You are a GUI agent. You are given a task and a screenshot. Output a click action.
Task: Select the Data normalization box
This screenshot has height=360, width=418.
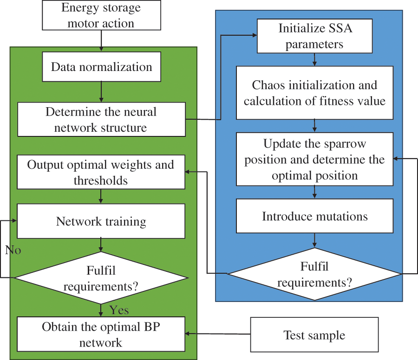click(x=101, y=67)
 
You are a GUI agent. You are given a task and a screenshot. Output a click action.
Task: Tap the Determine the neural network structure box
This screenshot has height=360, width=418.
click(x=101, y=119)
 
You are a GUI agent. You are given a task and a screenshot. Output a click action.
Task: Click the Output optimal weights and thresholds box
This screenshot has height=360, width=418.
click(x=101, y=172)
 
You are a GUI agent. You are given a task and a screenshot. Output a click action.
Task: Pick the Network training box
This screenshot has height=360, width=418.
click(x=101, y=221)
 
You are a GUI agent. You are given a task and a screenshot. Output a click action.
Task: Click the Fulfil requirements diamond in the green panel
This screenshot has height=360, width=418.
click(x=101, y=278)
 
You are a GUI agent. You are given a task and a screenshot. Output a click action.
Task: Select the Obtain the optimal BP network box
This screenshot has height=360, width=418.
click(x=101, y=334)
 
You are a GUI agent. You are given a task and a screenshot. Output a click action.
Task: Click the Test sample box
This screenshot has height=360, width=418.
click(x=314, y=335)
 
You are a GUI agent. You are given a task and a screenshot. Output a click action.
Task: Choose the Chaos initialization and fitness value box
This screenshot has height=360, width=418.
click(x=314, y=93)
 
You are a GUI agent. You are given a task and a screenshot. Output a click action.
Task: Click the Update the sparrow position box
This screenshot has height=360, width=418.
click(x=314, y=159)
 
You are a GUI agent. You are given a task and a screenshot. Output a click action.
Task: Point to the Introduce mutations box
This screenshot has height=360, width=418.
click(x=314, y=216)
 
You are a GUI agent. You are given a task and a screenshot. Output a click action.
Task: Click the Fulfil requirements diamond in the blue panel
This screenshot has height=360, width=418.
click(x=314, y=274)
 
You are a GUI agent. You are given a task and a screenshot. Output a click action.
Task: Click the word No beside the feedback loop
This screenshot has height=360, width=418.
click(x=13, y=251)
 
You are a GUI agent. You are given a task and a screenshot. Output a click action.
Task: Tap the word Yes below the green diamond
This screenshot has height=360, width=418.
click(x=119, y=309)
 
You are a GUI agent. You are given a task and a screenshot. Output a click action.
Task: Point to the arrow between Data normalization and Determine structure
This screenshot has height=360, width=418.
click(x=101, y=92)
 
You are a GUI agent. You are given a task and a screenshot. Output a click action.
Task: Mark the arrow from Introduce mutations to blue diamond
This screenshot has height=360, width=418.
click(x=315, y=239)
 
